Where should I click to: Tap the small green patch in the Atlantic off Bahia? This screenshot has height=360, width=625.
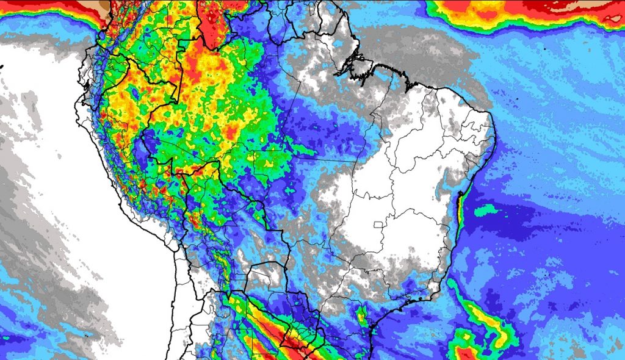[x=486, y=211]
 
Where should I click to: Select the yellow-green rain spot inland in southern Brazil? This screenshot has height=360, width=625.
[x=362, y=317]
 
